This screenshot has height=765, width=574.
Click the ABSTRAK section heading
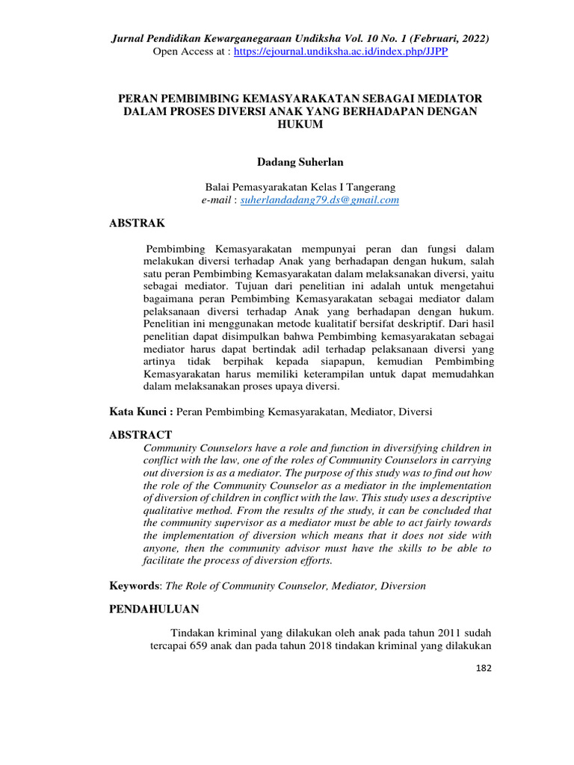[138, 223]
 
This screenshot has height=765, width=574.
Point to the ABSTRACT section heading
[141, 435]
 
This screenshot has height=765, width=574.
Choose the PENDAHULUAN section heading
[154, 610]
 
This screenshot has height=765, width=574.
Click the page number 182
[484, 667]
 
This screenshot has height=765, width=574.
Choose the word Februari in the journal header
[433, 39]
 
